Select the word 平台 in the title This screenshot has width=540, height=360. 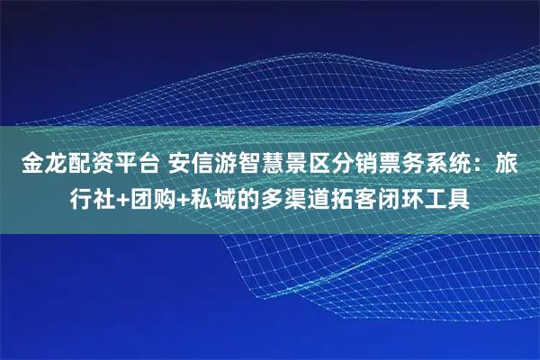[x=136, y=166]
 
